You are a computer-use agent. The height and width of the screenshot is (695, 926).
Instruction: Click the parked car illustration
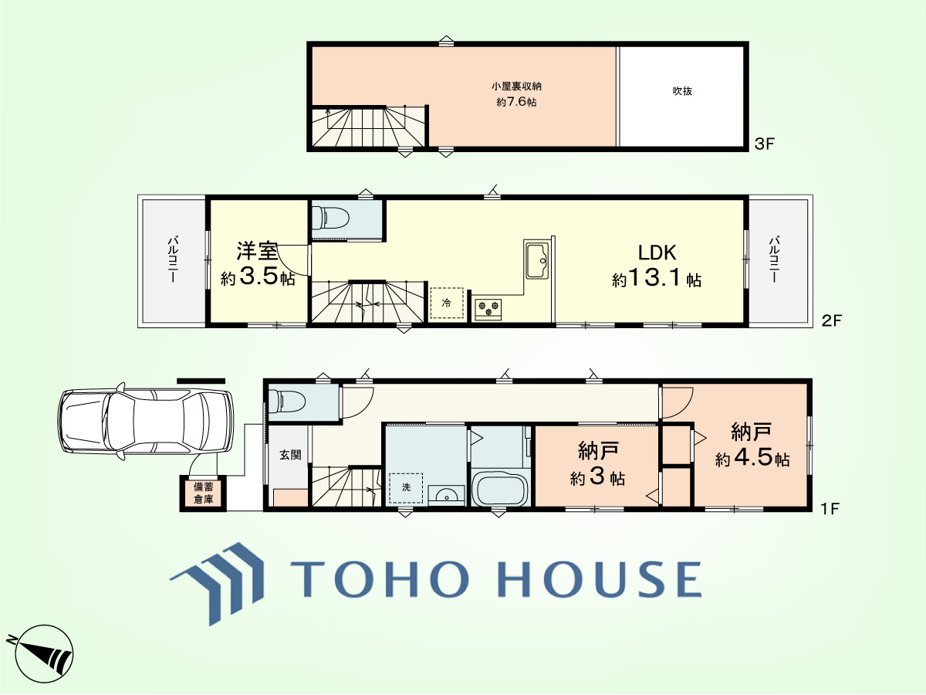tap(146, 421)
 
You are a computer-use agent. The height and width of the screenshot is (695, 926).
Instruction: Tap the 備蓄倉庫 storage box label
tap(204, 493)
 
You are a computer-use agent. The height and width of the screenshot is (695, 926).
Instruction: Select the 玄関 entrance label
tap(290, 455)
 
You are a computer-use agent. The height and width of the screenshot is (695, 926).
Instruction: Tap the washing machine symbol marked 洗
tap(406, 487)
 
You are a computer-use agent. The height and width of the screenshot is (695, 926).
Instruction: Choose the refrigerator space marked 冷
tap(447, 303)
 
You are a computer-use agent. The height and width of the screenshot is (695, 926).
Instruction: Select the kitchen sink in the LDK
tap(537, 260)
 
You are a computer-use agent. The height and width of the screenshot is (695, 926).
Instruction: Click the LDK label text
tap(657, 253)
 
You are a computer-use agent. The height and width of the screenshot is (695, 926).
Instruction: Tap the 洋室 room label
tap(257, 251)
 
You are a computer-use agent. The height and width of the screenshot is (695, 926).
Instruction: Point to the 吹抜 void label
tap(682, 91)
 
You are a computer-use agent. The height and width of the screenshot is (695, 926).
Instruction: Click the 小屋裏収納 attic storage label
tap(516, 86)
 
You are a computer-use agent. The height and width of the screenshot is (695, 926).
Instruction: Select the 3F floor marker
tap(765, 144)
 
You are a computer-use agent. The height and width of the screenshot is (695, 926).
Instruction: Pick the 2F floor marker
tap(831, 321)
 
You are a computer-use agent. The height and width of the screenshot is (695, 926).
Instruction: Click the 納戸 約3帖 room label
tap(598, 464)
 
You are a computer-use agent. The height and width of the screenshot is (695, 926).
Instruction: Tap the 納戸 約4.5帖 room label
tap(752, 445)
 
